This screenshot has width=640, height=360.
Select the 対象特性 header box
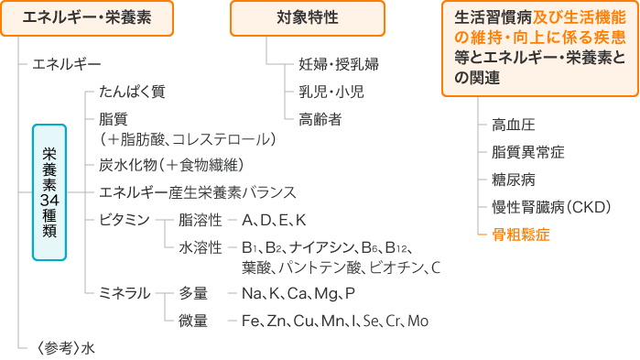point(307,19)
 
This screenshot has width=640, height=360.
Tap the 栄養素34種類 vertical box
point(50,192)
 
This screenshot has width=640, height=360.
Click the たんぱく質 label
point(132,93)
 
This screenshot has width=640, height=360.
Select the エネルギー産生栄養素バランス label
point(197,192)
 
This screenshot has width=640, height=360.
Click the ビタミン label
point(124,221)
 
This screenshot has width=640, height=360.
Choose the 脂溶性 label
point(201,221)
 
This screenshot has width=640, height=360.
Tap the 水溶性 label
point(201,248)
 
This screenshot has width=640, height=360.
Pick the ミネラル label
point(124,293)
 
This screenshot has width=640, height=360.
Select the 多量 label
point(193,293)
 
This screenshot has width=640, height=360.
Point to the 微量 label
point(193,321)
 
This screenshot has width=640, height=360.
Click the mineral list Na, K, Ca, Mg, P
point(298,293)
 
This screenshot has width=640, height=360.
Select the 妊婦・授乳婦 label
point(338,65)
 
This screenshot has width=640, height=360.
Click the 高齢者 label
point(320,118)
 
